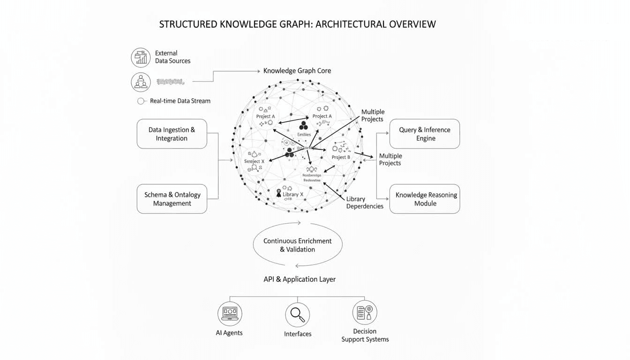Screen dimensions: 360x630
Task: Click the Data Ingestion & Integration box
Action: coord(172,134)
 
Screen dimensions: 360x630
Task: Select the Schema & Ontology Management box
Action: coord(172,199)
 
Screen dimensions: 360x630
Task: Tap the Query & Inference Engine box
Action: coord(424,134)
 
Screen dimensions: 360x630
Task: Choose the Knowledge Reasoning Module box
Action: coord(424,199)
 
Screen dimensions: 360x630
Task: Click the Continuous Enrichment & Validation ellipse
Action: coord(298,245)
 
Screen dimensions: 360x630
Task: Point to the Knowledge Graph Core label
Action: coord(297,71)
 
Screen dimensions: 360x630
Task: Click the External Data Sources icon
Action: coord(141,57)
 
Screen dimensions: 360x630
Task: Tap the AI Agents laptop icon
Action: coord(230,314)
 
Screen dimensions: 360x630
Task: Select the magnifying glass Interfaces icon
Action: coord(298,315)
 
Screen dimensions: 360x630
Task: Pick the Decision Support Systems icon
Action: coord(365,313)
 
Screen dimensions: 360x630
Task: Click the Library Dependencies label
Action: coord(365,202)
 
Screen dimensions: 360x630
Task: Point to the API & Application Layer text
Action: coord(300,279)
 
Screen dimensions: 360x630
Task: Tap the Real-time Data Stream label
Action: coord(180,101)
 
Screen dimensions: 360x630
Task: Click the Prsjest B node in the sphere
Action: coord(341,157)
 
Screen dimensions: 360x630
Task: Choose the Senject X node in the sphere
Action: coord(255,161)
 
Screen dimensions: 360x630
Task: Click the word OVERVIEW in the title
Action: coord(406,24)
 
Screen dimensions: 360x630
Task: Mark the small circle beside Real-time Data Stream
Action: coord(141,101)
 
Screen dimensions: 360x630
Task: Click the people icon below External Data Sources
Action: coord(141,82)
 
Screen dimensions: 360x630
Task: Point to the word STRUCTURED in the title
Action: coord(188,24)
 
